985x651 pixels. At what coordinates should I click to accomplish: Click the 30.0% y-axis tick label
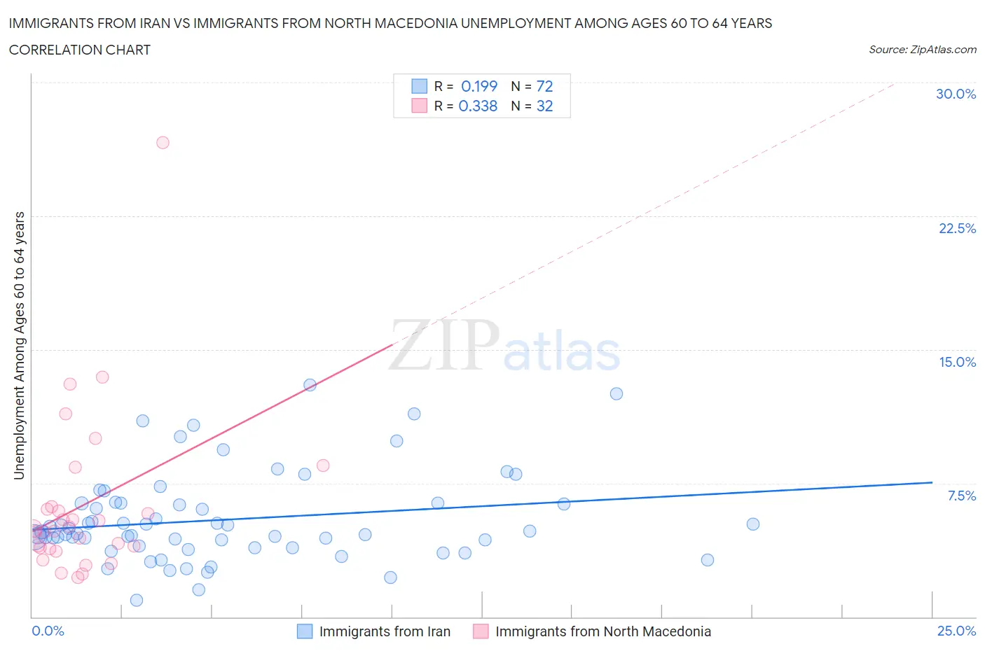tap(956, 94)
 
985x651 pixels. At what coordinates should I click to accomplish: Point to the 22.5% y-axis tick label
tap(957, 228)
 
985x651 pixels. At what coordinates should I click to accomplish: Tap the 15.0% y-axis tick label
tap(957, 362)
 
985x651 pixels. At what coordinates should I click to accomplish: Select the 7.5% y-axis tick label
tap(961, 496)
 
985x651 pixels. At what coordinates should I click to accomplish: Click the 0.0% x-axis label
tap(48, 631)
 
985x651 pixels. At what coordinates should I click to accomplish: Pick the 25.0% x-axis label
tap(956, 631)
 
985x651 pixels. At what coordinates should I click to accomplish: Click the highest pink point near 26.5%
tap(163, 142)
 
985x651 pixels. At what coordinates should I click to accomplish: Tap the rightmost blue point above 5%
tap(753, 524)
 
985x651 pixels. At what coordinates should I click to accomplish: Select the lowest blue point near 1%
tap(137, 600)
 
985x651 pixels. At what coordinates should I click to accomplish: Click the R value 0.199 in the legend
tap(479, 86)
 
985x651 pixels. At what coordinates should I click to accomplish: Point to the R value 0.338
tap(478, 106)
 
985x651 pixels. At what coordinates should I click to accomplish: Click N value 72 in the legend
tap(544, 86)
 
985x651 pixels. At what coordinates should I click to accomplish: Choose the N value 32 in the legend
tap(544, 106)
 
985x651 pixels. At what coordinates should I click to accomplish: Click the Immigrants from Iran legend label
tap(385, 631)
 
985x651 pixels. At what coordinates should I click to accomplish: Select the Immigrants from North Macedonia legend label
tap(602, 631)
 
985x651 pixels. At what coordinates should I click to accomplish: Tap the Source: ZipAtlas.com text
tap(922, 49)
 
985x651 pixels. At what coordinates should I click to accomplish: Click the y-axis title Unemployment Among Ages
tap(19, 345)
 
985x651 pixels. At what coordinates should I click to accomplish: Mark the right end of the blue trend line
tap(932, 482)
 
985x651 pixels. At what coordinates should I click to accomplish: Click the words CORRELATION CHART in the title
tap(79, 50)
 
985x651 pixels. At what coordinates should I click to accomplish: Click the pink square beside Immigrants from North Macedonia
tap(481, 631)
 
